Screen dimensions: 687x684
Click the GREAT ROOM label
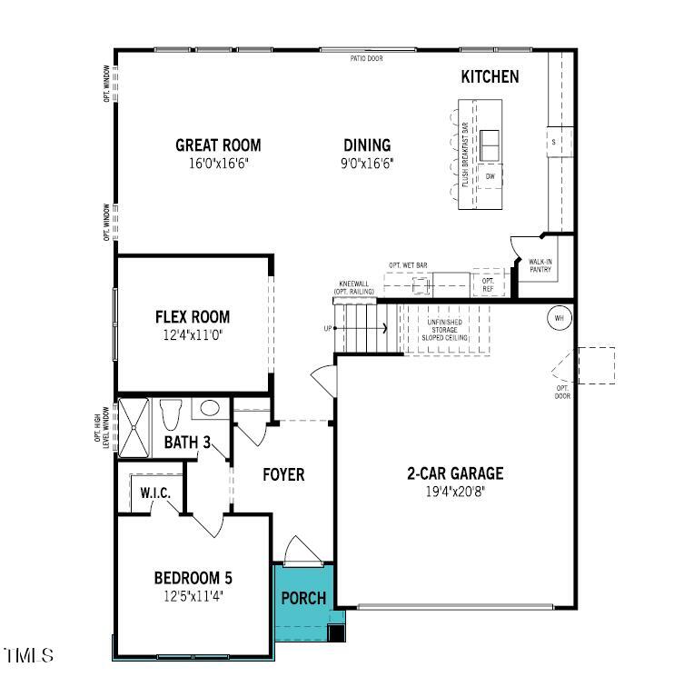pyautogui.click(x=218, y=144)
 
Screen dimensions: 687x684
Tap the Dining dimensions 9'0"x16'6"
pyautogui.click(x=368, y=164)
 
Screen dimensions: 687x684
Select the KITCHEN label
pyautogui.click(x=491, y=77)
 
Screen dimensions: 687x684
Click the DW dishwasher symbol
pyautogui.click(x=490, y=176)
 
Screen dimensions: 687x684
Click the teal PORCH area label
pyautogui.click(x=303, y=598)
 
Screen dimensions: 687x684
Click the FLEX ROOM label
pyautogui.click(x=193, y=317)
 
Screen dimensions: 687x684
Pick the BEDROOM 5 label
pyautogui.click(x=193, y=578)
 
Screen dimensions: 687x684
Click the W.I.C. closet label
pyautogui.click(x=155, y=493)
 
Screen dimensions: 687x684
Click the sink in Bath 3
pyautogui.click(x=208, y=409)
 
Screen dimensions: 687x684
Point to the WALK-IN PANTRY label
pyautogui.click(x=540, y=265)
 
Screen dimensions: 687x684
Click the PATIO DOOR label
pyautogui.click(x=367, y=58)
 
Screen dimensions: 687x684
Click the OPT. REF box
pyautogui.click(x=488, y=284)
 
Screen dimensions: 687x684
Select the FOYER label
pyautogui.click(x=283, y=474)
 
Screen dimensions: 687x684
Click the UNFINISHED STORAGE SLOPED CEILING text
pyautogui.click(x=444, y=328)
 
